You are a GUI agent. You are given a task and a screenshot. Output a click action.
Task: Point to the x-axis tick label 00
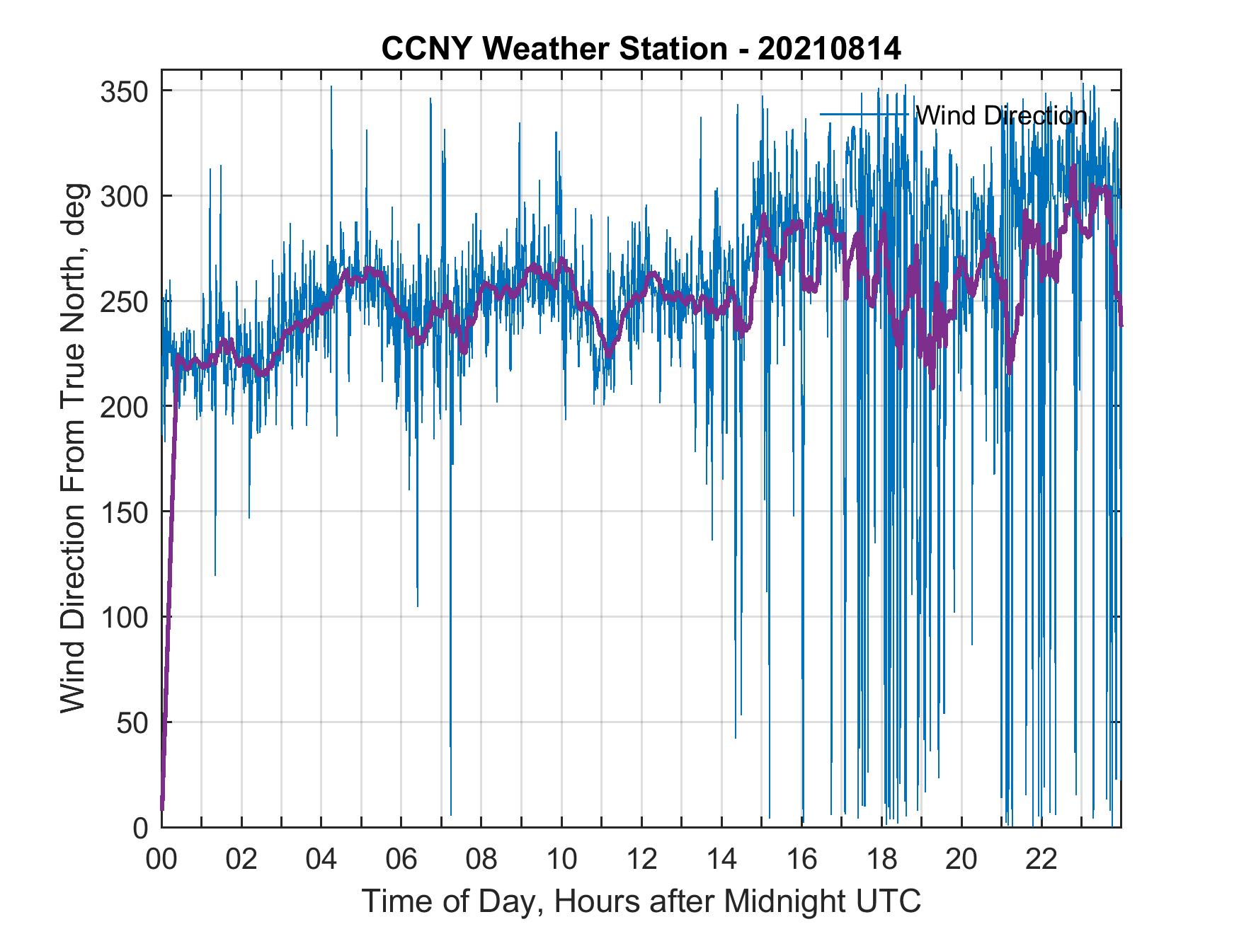pyautogui.click(x=161, y=860)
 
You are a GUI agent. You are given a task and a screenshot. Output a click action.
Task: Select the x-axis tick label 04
pyautogui.click(x=321, y=860)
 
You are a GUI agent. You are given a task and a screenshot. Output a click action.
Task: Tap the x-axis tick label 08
pyautogui.click(x=481, y=860)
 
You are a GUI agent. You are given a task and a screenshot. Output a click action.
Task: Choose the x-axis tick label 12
pyautogui.click(x=641, y=860)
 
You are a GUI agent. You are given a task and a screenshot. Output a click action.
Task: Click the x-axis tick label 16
pyautogui.click(x=801, y=860)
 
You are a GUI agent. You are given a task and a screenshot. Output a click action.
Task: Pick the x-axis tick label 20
pyautogui.click(x=961, y=860)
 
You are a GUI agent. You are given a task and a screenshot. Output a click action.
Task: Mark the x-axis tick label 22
pyautogui.click(x=1041, y=860)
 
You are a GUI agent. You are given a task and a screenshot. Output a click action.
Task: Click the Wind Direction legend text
pyautogui.click(x=1000, y=115)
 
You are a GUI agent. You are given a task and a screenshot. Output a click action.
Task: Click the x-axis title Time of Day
pyautogui.click(x=641, y=901)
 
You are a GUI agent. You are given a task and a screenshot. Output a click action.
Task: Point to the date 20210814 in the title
pyautogui.click(x=829, y=49)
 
